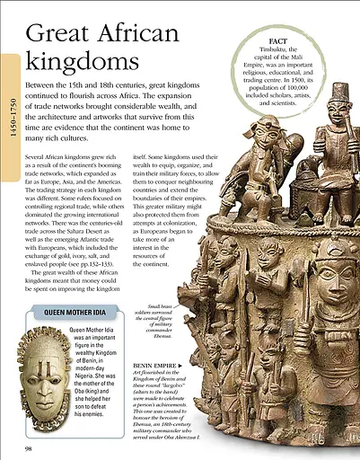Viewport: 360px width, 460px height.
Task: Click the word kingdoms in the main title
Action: point(75,64)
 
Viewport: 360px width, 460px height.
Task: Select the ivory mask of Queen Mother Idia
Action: point(40,368)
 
